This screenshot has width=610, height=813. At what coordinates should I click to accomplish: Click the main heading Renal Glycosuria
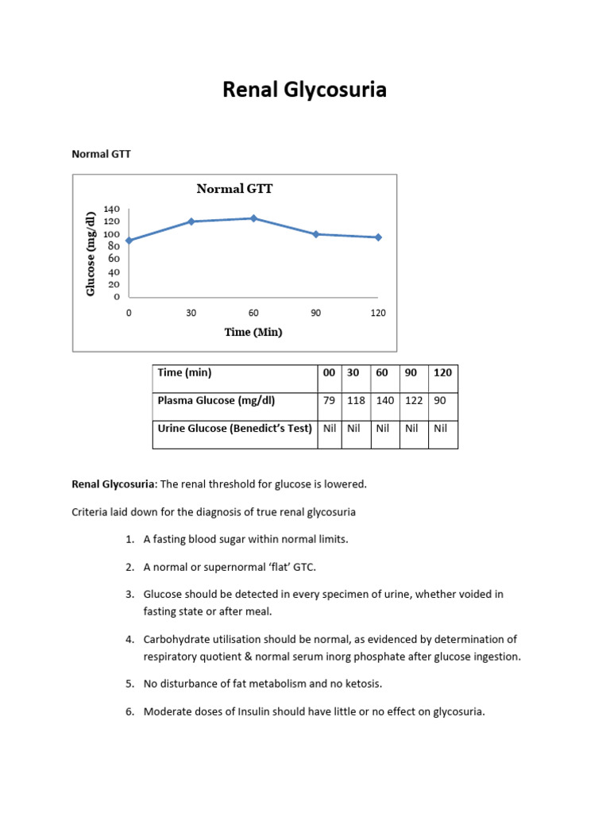tap(304, 91)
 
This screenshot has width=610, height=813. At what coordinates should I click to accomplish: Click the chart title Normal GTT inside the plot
tap(234, 189)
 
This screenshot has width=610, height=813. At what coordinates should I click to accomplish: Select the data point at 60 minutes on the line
tap(253, 218)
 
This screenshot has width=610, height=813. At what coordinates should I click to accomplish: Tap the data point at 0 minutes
tap(129, 241)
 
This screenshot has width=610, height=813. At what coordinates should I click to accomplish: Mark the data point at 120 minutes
tap(378, 237)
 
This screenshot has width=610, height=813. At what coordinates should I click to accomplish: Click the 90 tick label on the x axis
tap(316, 313)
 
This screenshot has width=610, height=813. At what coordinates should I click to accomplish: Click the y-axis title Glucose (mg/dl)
tap(91, 254)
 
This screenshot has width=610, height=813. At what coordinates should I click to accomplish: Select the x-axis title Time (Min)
tap(253, 332)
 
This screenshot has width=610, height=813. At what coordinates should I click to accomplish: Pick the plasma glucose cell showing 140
tap(385, 401)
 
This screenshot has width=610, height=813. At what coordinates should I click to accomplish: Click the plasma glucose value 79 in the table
tap(330, 401)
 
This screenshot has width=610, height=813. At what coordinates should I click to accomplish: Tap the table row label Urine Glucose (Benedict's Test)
tap(235, 429)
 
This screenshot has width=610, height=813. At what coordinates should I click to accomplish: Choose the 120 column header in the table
tap(442, 372)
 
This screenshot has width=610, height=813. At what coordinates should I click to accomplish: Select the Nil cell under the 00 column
tap(330, 429)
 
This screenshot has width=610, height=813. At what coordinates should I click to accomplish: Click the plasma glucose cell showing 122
tap(414, 401)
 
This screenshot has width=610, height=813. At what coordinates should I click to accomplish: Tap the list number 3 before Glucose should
tap(129, 594)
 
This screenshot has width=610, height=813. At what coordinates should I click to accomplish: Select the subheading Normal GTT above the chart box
tap(102, 154)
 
